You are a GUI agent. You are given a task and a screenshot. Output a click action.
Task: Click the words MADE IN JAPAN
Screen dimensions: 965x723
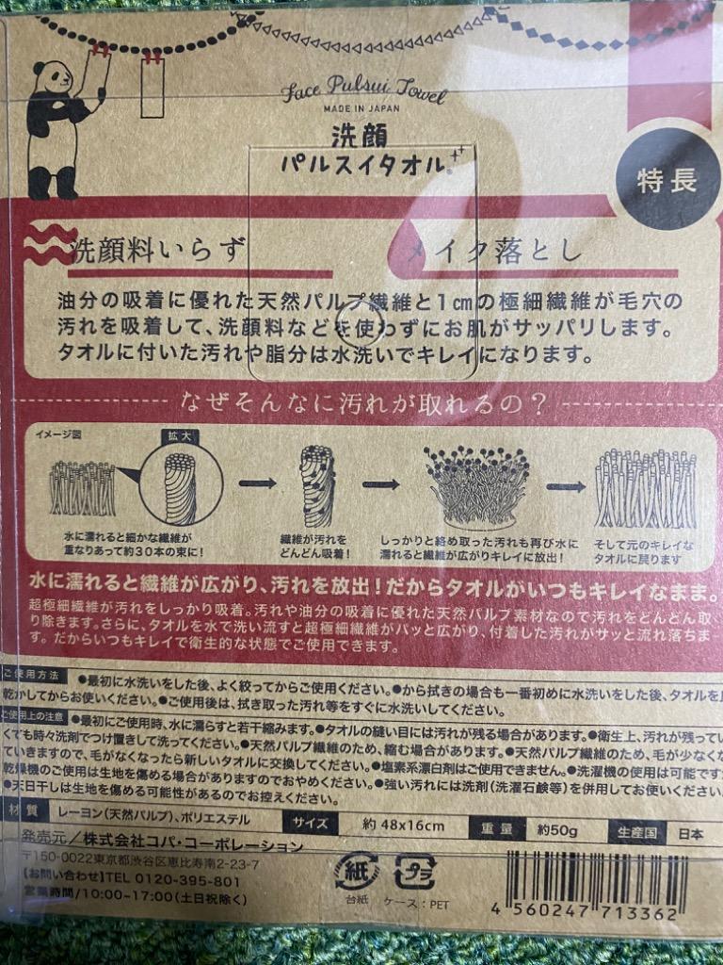point(363,109)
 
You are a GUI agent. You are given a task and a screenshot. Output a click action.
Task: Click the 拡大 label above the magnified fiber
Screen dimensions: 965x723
point(179,436)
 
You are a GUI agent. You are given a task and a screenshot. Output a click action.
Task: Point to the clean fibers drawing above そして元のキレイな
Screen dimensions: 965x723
point(645,488)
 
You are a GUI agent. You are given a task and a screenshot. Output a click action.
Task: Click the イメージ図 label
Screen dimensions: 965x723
point(58,434)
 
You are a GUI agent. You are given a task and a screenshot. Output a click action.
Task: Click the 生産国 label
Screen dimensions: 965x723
point(636,834)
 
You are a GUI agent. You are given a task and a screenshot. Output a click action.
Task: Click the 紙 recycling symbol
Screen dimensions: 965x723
point(356,872)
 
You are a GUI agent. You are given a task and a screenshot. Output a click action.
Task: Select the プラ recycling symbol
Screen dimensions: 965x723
point(413,872)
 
